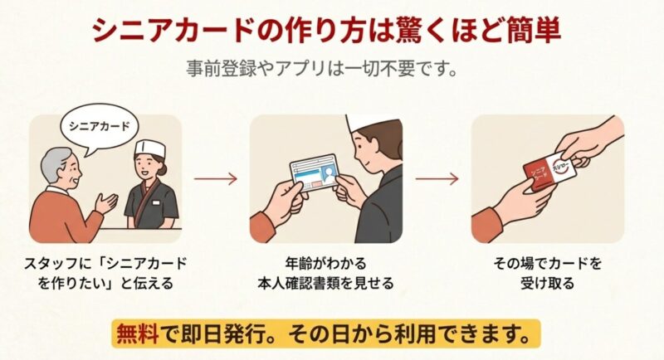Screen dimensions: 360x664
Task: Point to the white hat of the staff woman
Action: (x=150, y=149)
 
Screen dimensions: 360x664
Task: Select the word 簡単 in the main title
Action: (x=525, y=33)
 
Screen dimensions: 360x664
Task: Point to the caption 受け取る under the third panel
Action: (x=547, y=283)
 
